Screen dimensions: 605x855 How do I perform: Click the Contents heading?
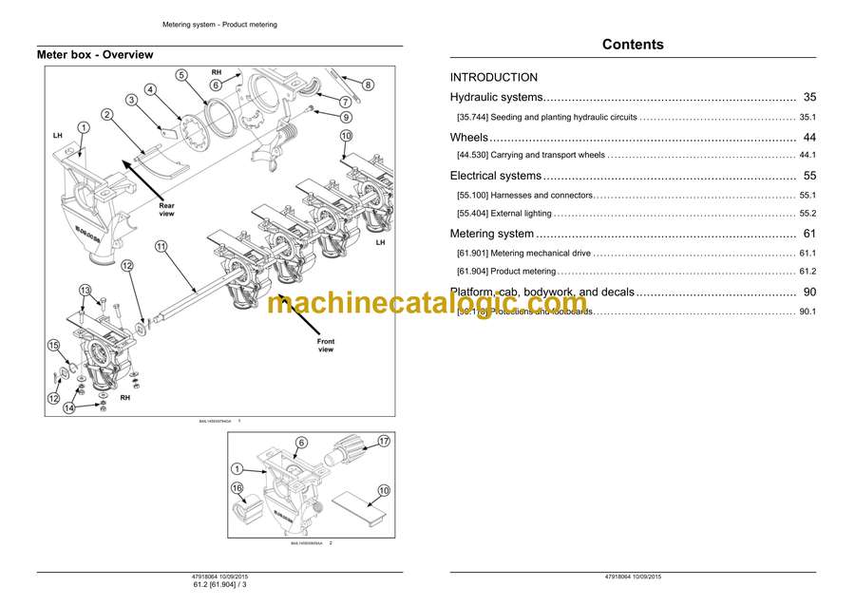[633, 45]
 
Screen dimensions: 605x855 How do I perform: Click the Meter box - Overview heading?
[95, 55]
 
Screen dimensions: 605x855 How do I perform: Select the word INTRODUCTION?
[493, 78]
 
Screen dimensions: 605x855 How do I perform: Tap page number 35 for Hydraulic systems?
[808, 98]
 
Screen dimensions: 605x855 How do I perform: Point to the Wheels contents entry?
[468, 138]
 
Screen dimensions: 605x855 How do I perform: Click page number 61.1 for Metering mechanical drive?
[807, 254]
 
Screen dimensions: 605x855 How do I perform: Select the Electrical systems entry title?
[495, 176]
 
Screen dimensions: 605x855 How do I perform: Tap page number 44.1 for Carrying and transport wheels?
[807, 155]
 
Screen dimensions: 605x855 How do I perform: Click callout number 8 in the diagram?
[368, 85]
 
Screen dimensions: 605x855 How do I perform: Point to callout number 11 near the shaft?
[161, 247]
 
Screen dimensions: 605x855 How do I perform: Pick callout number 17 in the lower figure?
[384, 441]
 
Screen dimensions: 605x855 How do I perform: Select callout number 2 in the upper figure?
[107, 115]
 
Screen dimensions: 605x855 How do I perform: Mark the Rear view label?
[166, 210]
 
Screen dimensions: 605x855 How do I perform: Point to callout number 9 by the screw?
[346, 118]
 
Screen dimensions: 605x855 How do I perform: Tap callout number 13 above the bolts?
[85, 291]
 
